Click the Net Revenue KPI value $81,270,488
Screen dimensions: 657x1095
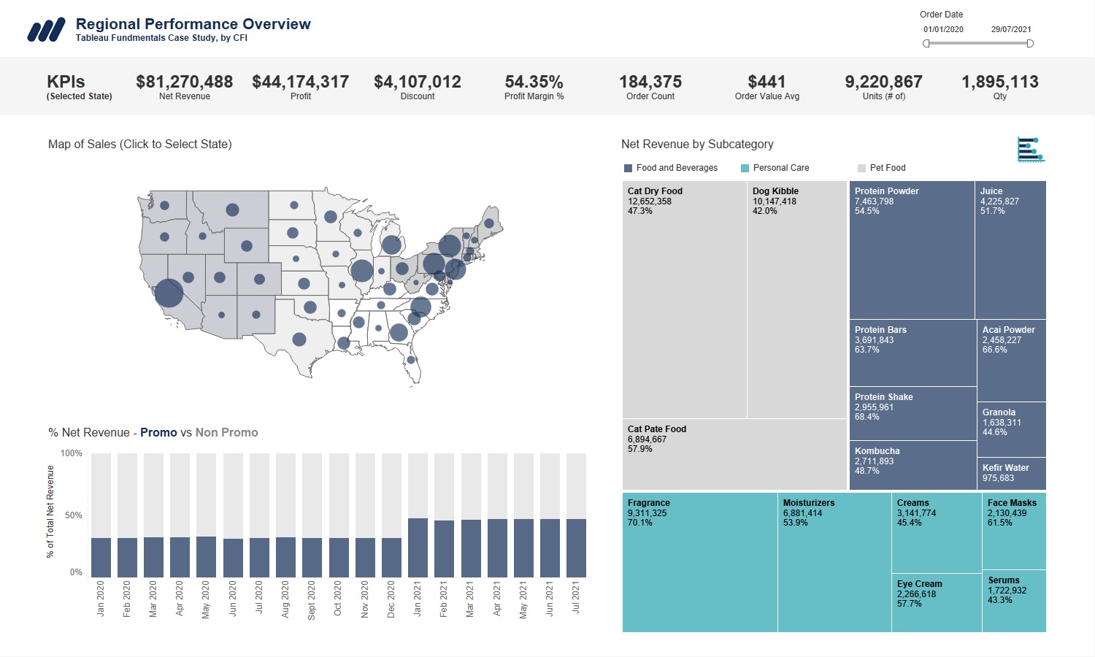pyautogui.click(x=184, y=82)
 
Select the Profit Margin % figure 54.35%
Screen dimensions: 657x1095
pyautogui.click(x=534, y=82)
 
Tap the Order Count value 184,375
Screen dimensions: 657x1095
pyautogui.click(x=650, y=82)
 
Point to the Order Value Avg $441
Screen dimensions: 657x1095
pyautogui.click(x=766, y=82)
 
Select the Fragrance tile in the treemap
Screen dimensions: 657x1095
pyautogui.click(x=699, y=562)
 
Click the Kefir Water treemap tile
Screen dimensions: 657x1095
pyautogui.click(x=1012, y=473)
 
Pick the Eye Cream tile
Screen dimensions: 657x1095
pyautogui.click(x=936, y=602)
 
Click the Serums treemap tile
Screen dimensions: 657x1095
pyautogui.click(x=1013, y=601)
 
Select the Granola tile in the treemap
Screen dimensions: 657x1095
pyautogui.click(x=1012, y=429)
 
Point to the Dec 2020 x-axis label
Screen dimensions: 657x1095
pyautogui.click(x=391, y=599)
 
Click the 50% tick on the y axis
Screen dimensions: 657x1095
pyautogui.click(x=73, y=515)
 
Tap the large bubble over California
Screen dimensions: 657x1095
pyautogui.click(x=169, y=293)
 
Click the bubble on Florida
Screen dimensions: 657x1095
pyautogui.click(x=411, y=359)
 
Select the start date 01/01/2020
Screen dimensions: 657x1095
pyautogui.click(x=943, y=30)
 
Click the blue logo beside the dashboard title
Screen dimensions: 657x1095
pyautogui.click(x=46, y=30)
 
